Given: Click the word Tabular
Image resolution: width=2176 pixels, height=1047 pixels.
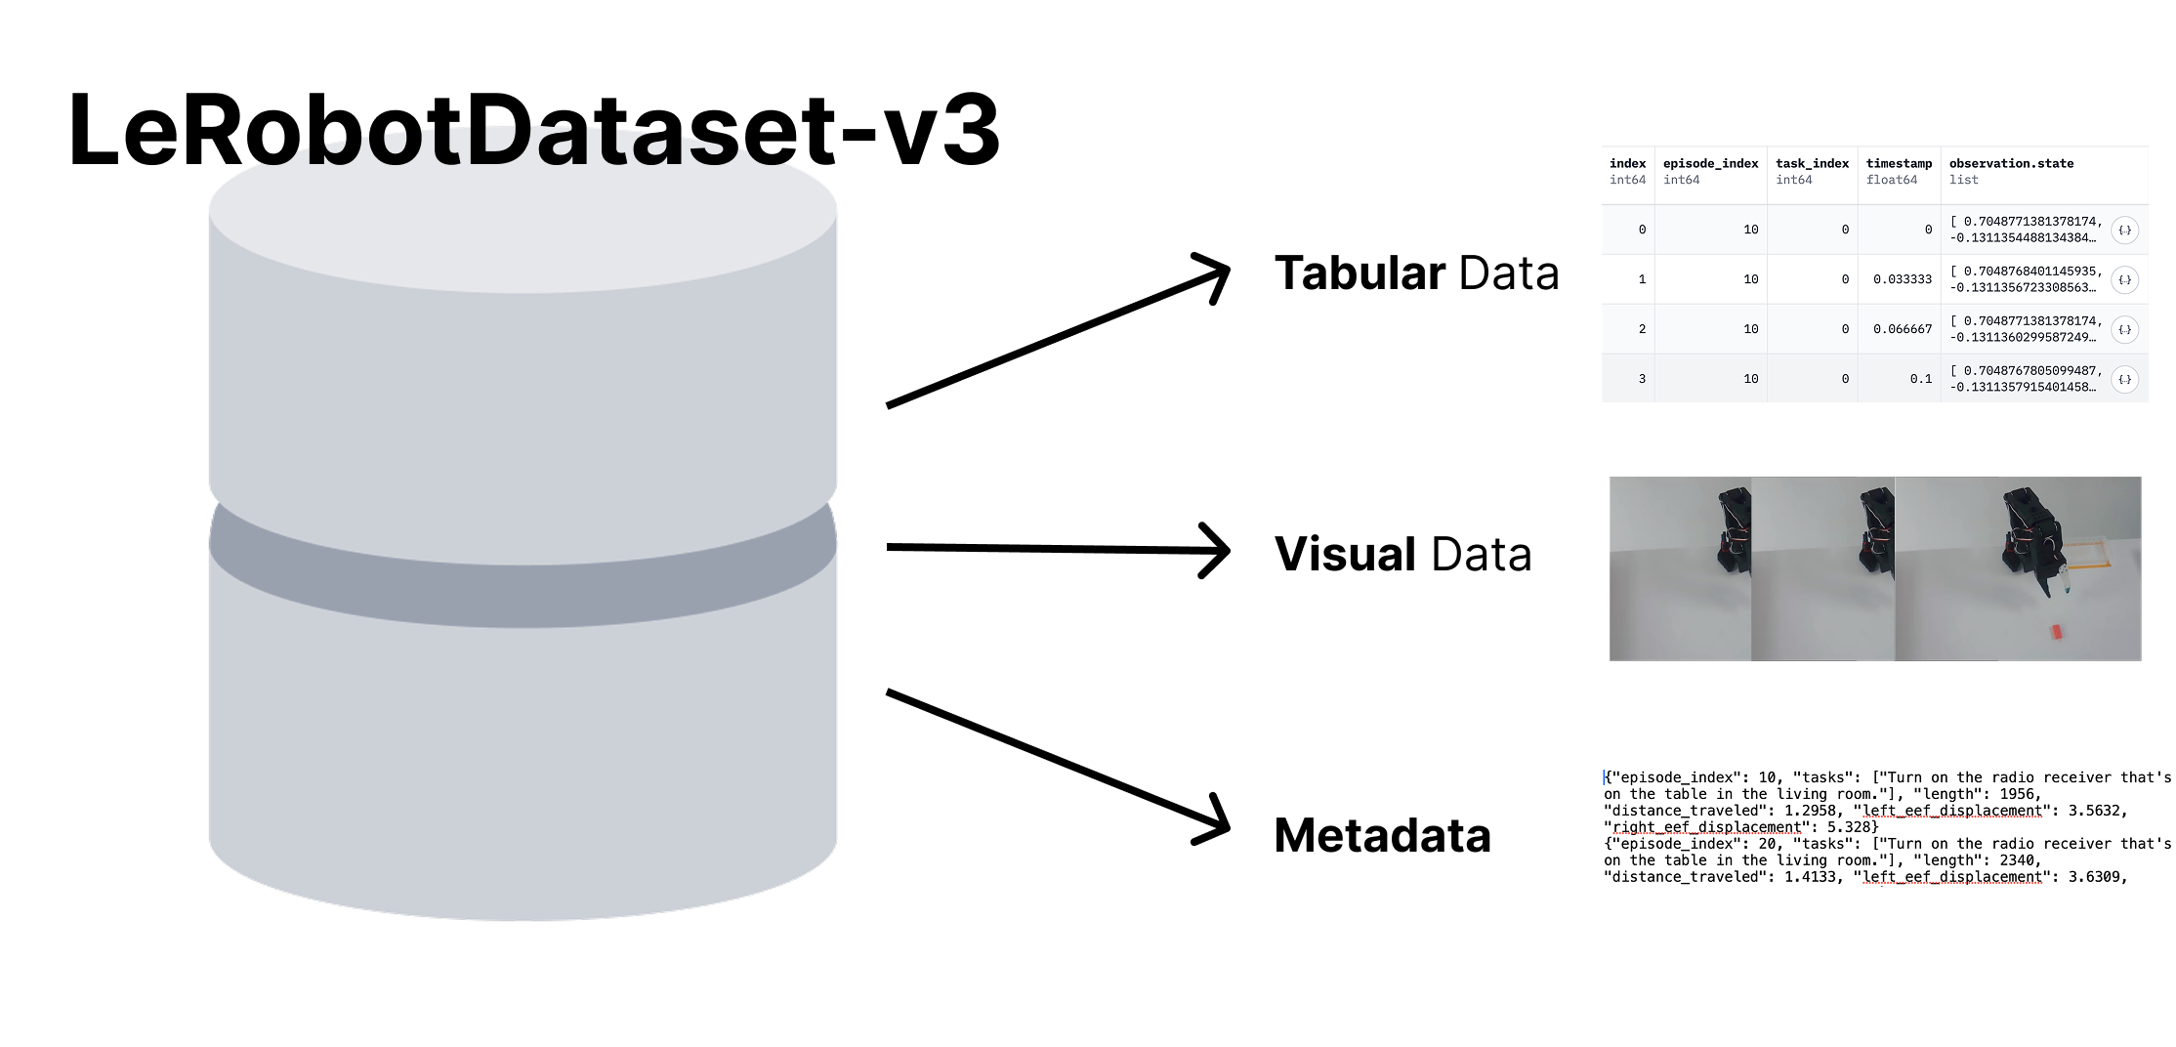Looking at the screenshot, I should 1360,273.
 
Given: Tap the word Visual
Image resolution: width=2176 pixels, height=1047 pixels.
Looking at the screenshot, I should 1345,555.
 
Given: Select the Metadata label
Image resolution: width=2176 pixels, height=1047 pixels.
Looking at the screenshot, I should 1382,836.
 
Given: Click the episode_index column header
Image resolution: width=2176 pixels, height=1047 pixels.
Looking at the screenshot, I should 1710,164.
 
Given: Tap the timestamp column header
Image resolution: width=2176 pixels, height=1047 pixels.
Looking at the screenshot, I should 1899,164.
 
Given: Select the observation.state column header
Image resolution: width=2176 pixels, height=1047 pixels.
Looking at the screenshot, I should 2011,164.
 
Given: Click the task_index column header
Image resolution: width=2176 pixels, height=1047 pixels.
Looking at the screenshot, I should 1812,164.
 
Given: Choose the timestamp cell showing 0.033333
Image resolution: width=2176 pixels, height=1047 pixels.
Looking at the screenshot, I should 1902,280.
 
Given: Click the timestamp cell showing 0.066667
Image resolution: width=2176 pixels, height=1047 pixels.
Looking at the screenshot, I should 1902,330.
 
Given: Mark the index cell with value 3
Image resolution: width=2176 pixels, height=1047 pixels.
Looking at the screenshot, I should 1642,379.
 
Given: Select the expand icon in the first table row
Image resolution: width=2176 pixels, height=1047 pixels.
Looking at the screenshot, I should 2124,230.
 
